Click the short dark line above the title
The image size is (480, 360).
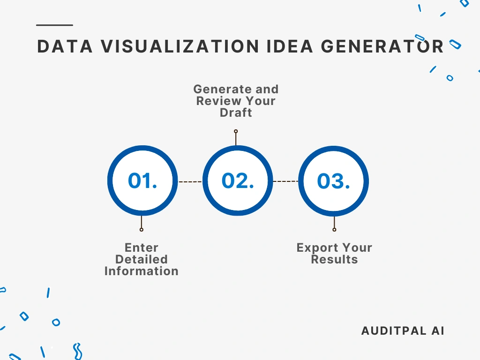click(54, 25)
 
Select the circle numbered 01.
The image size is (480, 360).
click(142, 181)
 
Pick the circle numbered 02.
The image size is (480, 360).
click(238, 181)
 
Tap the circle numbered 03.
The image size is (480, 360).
click(333, 181)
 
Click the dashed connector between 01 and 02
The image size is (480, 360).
click(190, 181)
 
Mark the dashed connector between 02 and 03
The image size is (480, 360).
click(285, 181)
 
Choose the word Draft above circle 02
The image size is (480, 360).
click(236, 112)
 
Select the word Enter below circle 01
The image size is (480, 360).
click(142, 247)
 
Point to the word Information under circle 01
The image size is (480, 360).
click(142, 271)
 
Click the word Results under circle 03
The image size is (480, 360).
click(334, 259)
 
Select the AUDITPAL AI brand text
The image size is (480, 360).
click(403, 330)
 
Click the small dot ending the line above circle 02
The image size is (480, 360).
click(236, 131)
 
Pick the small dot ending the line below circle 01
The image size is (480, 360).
click(142, 230)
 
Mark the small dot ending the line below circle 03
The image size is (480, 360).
click(334, 230)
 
